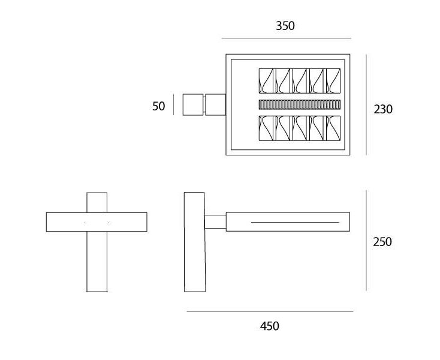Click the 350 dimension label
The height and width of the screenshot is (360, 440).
click(x=285, y=26)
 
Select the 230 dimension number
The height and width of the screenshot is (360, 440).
click(x=383, y=109)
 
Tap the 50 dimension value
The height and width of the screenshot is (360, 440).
click(x=158, y=106)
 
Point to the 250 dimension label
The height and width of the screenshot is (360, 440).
click(x=382, y=242)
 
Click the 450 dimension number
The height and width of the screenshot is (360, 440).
click(x=269, y=326)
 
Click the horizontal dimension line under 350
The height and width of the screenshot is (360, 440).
click(x=286, y=38)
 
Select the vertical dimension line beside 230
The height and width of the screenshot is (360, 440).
click(x=366, y=105)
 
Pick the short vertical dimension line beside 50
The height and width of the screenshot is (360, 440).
click(x=173, y=104)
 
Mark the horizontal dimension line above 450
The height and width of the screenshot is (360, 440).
click(x=270, y=311)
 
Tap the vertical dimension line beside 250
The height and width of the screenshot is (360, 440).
click(x=366, y=241)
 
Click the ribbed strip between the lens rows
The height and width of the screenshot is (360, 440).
click(x=299, y=105)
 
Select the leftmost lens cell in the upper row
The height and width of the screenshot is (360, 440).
click(x=266, y=81)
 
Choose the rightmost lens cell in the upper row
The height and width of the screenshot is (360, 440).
click(x=333, y=81)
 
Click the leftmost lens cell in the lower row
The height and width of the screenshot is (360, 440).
click(x=266, y=128)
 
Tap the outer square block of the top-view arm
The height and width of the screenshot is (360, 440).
click(x=193, y=104)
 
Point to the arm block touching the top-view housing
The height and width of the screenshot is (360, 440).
click(x=216, y=104)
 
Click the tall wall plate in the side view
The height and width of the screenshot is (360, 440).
click(x=195, y=242)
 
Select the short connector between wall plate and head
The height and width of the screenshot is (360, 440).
click(x=215, y=222)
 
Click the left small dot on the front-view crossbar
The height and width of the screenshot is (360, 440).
click(x=85, y=223)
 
